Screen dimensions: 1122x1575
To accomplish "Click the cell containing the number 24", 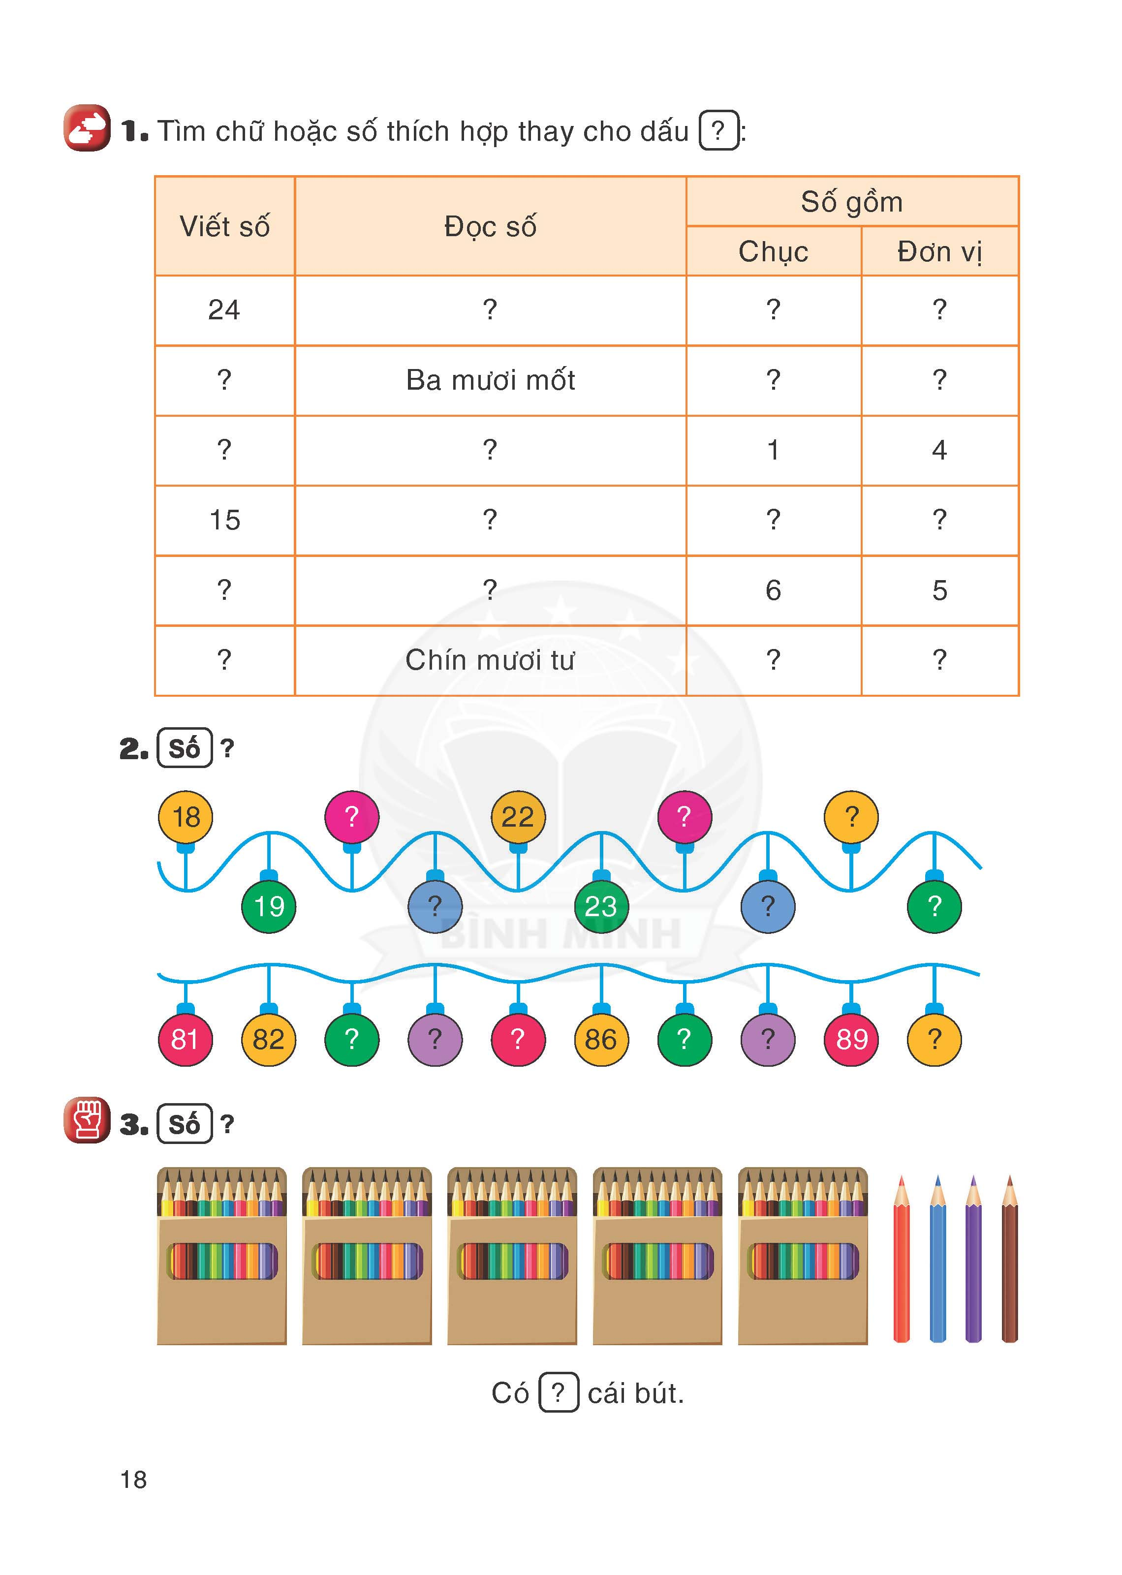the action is pos(224,310).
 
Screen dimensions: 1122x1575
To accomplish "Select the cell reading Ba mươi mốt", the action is pos(491,380).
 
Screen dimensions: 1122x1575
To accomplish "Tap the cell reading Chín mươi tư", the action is pos(491,660).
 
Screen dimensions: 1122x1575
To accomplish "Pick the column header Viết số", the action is pos(224,226).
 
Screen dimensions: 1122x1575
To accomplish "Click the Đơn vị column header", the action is pos(939,251).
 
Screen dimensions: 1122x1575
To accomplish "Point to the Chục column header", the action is pos(774,251).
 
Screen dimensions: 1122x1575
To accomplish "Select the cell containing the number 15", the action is pos(224,520).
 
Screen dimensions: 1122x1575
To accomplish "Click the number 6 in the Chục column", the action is pos(774,590).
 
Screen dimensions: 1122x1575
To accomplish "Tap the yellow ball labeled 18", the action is pos(186,817).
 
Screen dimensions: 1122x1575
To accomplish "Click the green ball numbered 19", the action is pos(269,906).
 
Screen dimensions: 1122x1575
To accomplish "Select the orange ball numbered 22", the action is pos(518,817).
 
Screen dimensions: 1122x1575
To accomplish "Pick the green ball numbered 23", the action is pos(601,906).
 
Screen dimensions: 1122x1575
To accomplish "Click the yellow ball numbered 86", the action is pos(601,1039).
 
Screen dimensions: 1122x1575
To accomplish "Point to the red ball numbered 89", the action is pos(851,1039).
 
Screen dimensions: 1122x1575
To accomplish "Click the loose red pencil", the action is pos(901,1259).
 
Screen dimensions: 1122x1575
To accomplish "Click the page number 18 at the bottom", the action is pos(133,1479).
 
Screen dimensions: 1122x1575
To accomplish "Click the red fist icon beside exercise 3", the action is pos(87,1120).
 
